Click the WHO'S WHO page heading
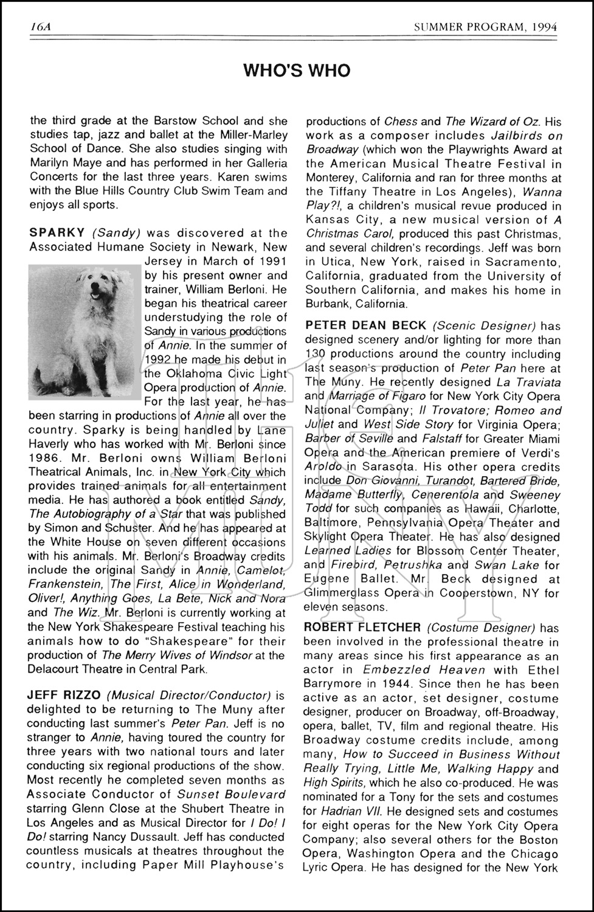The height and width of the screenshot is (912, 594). (x=297, y=71)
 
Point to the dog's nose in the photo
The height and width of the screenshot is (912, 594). (x=93, y=294)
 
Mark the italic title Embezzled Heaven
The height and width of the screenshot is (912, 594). (x=424, y=670)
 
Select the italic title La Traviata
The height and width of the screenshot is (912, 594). (x=527, y=382)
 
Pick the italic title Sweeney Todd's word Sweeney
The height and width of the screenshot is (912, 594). (x=535, y=495)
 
